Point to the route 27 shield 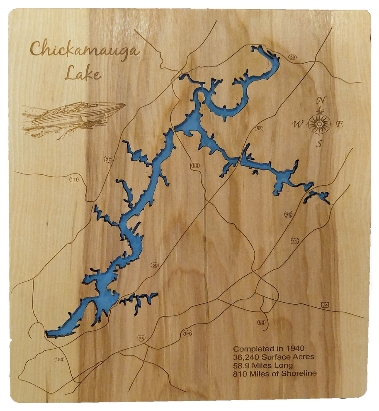[108, 159]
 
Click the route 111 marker [74, 179]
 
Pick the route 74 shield [325, 305]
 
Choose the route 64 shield [188, 333]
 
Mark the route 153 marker [59, 359]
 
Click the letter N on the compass [320, 100]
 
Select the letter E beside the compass [339, 124]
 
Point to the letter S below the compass [319, 144]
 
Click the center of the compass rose [319, 123]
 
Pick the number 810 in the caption [239, 373]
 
